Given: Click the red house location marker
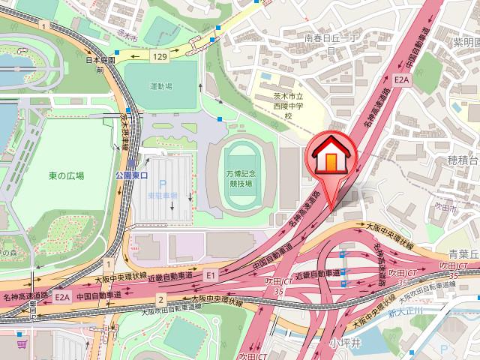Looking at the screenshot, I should click(x=329, y=157).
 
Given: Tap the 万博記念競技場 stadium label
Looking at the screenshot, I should click(x=241, y=178).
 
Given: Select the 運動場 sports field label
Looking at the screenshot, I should click(x=161, y=87).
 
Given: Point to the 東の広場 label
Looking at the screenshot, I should click(x=67, y=175).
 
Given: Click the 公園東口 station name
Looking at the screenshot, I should click(x=133, y=174).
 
